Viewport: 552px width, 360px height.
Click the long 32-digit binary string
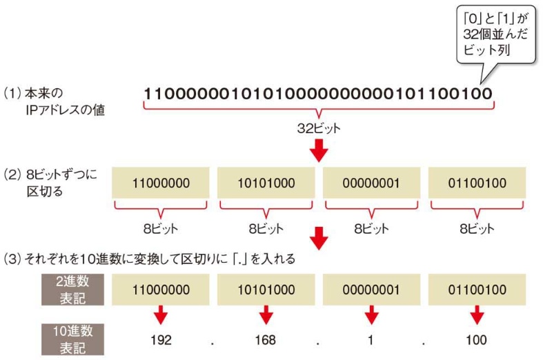(318, 93)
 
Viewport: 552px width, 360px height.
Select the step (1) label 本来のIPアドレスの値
(55, 101)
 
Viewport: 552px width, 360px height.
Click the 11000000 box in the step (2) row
(161, 183)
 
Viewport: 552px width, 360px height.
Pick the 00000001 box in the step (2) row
(371, 183)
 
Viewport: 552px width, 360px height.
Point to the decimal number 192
(161, 340)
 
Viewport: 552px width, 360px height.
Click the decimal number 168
(266, 340)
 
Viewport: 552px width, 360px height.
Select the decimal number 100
(476, 340)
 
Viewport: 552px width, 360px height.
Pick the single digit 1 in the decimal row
(371, 340)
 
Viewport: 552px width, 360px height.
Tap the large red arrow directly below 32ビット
(318, 150)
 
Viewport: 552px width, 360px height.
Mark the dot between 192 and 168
(213, 342)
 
